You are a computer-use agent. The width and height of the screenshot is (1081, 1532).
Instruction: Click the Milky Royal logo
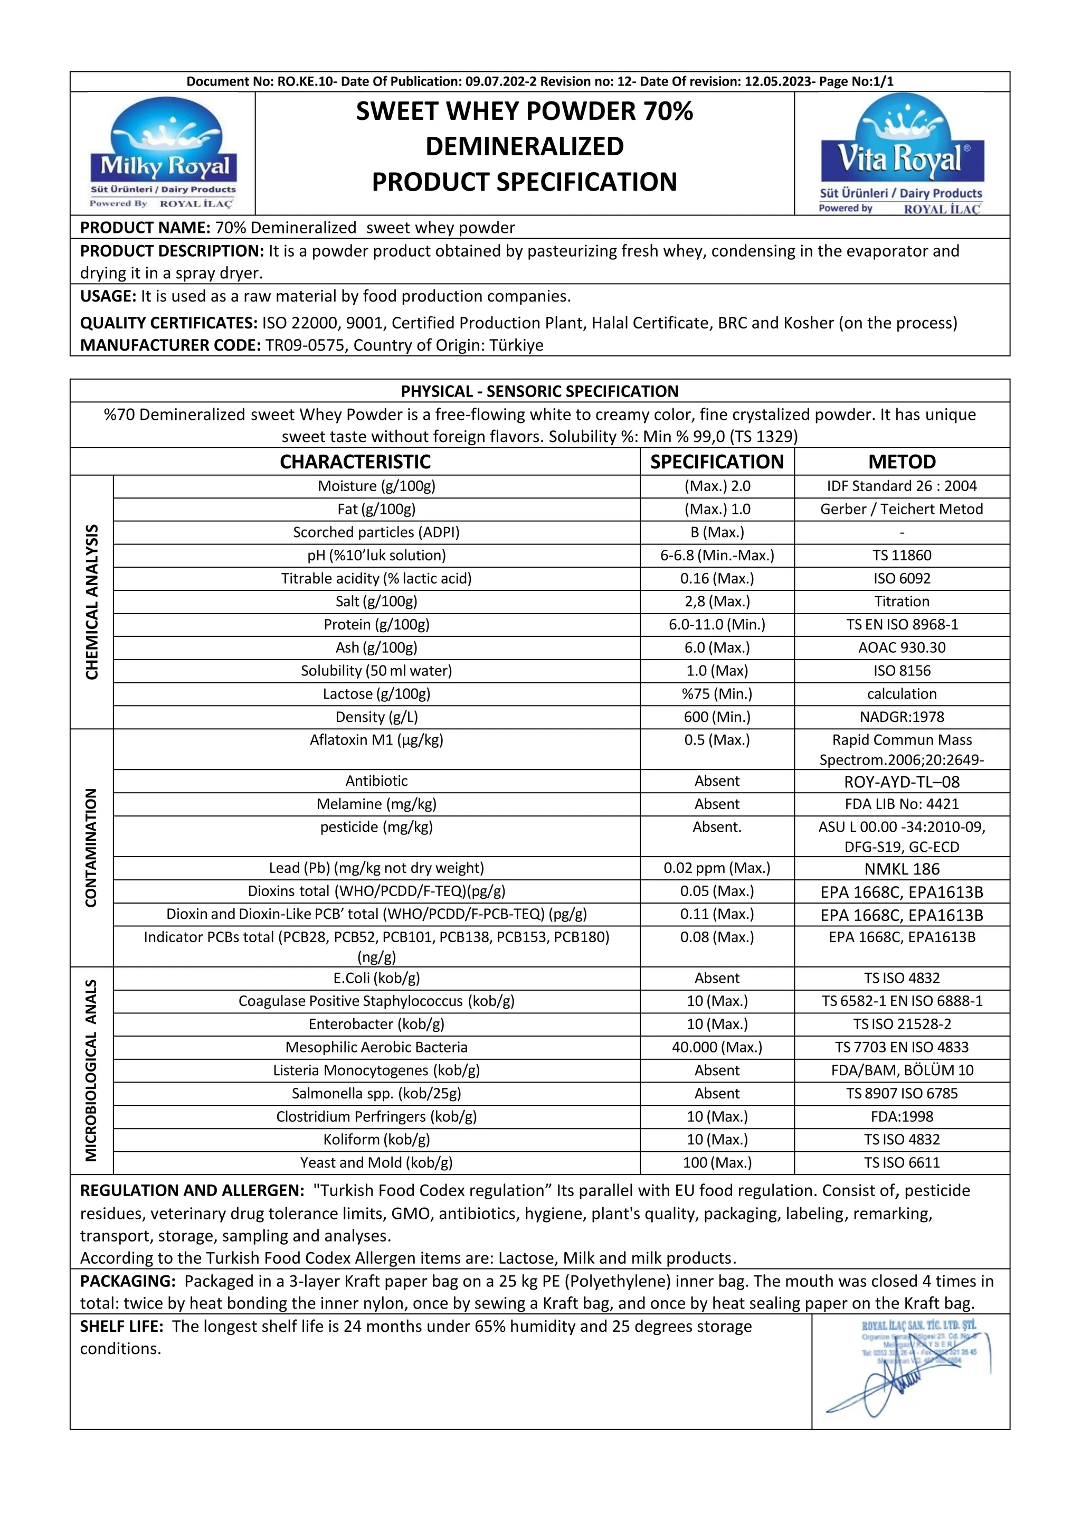pos(164,154)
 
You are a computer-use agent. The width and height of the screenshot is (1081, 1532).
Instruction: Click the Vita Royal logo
pos(902,154)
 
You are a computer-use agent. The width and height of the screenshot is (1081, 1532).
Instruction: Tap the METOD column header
pos(902,462)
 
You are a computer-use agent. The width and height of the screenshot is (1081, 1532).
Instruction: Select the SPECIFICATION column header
pos(717,462)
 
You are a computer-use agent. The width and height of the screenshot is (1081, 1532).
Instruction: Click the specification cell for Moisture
pos(717,486)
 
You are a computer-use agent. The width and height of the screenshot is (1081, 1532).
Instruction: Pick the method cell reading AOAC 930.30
pos(902,647)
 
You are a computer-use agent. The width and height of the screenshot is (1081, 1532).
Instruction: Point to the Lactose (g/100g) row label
pos(376,694)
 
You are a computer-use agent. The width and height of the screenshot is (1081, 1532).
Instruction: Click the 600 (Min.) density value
pos(717,717)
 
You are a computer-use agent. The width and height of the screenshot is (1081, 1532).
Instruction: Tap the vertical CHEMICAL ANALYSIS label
pos(92,602)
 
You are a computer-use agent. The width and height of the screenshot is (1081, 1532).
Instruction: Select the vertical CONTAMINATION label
pos(92,848)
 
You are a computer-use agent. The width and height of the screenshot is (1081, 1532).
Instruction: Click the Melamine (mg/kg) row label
pos(376,804)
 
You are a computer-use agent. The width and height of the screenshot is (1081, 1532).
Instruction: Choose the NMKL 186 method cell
pos(902,869)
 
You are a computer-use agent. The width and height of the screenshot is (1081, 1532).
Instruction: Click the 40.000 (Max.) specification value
pos(717,1047)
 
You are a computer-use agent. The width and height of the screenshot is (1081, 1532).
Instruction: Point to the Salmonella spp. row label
pos(376,1093)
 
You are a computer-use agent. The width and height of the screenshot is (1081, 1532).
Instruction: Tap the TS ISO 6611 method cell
pos(902,1162)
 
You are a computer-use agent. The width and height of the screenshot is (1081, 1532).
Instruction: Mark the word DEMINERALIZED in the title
pos(524,146)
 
